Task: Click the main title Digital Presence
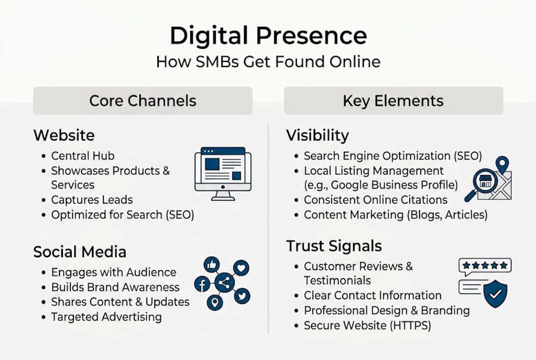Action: pos(268,35)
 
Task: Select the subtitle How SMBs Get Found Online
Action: pos(268,62)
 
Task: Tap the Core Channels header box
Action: pos(143,100)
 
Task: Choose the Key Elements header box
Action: pos(394,100)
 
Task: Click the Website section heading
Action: pos(64,135)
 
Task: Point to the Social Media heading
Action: pos(79,252)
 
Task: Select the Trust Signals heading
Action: pos(334,245)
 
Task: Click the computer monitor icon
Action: pos(223,173)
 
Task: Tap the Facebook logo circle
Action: pos(202,284)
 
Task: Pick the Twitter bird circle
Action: pos(242,296)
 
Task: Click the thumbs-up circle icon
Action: pos(212,265)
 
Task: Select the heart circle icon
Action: pos(241,267)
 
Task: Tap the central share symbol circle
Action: pos(224,282)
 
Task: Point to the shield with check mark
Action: pos(496,293)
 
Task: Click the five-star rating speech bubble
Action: pos(485,266)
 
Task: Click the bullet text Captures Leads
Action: pos(92,200)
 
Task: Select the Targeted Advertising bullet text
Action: pos(106,317)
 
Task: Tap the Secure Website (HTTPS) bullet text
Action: pos(368,325)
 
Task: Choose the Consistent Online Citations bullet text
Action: pos(376,200)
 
